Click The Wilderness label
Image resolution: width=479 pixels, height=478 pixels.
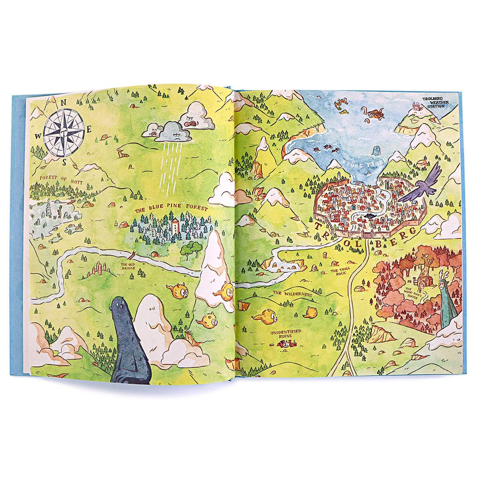pyautogui.click(x=292, y=294)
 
